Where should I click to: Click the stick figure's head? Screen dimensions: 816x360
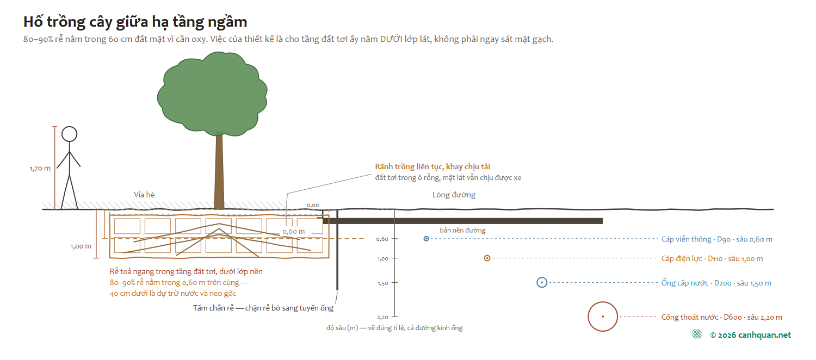coord(69,134)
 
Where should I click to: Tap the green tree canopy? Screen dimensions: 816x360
coord(212,94)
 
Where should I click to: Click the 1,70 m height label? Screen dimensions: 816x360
coord(40,169)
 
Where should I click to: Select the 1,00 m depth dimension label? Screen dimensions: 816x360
coord(81,246)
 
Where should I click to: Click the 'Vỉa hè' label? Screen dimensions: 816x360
coord(144,195)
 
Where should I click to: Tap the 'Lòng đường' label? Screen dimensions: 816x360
coord(454,195)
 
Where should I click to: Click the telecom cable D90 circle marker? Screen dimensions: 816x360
coord(426,239)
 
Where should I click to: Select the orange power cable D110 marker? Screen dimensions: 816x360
coord(487,258)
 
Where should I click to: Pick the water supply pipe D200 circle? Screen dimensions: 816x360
coord(542,282)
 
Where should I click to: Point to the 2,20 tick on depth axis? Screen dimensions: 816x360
coord(394,316)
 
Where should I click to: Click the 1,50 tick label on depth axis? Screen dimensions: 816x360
coord(383,283)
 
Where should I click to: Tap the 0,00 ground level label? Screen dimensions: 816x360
coord(313,206)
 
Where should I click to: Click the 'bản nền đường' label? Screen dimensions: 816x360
coord(462,231)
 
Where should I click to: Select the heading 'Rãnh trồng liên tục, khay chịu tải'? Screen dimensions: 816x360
coord(432,167)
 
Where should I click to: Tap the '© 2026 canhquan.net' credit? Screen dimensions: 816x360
coord(750,335)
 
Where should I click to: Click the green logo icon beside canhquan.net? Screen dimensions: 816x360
coord(697,334)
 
